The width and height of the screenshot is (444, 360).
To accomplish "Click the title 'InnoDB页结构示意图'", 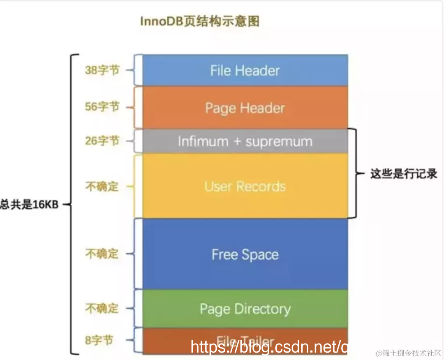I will pos(200,21).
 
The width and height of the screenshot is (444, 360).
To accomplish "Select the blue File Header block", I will pos(245,70).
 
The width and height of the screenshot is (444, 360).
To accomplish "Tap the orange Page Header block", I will pos(245,108).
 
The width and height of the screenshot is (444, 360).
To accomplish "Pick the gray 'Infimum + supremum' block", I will pos(245,141).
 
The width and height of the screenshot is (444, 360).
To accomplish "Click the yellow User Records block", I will pos(245,186).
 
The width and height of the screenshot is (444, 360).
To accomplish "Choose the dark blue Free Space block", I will pos(245,254).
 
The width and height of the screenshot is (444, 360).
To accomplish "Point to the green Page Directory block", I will pos(245,309).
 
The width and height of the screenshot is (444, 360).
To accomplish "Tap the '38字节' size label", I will pos(102,70).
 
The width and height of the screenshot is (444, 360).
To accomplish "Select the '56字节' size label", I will pos(102,107).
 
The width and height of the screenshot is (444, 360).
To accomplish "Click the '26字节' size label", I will pos(102,141).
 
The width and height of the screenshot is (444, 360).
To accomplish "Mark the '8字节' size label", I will pos(99,340).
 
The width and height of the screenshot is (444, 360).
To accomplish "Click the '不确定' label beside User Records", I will pos(102,187).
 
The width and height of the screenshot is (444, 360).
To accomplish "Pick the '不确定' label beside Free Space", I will pos(102,254).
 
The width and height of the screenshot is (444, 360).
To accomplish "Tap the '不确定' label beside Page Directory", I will pos(102,308).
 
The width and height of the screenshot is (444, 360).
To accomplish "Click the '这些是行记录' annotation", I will pos(403,174).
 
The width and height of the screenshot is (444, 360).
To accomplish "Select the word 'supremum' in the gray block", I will pos(279,141).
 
